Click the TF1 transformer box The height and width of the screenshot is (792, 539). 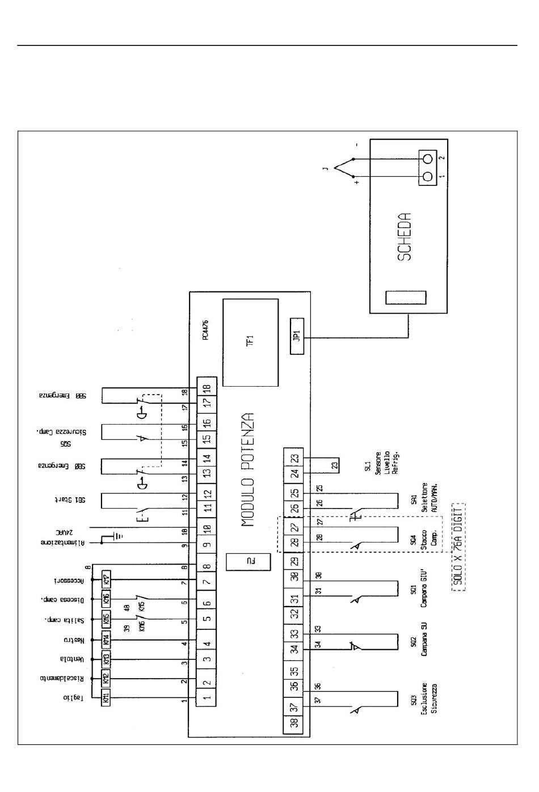coord(250,342)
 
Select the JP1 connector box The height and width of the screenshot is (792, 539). coord(297,336)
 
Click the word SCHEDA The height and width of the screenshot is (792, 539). coord(404,237)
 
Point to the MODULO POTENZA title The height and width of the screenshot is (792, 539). coord(248,470)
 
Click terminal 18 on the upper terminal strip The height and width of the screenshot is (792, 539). coord(207,388)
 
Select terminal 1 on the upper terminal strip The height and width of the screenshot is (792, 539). coord(207,698)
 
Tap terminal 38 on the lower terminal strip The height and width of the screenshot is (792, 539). coord(294,723)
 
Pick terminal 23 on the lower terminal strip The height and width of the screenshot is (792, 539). coord(294,459)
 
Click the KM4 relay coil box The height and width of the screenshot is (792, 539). coord(106,641)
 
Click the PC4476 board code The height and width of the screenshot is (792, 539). coord(205,329)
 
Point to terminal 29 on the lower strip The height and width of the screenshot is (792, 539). coord(294,562)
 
